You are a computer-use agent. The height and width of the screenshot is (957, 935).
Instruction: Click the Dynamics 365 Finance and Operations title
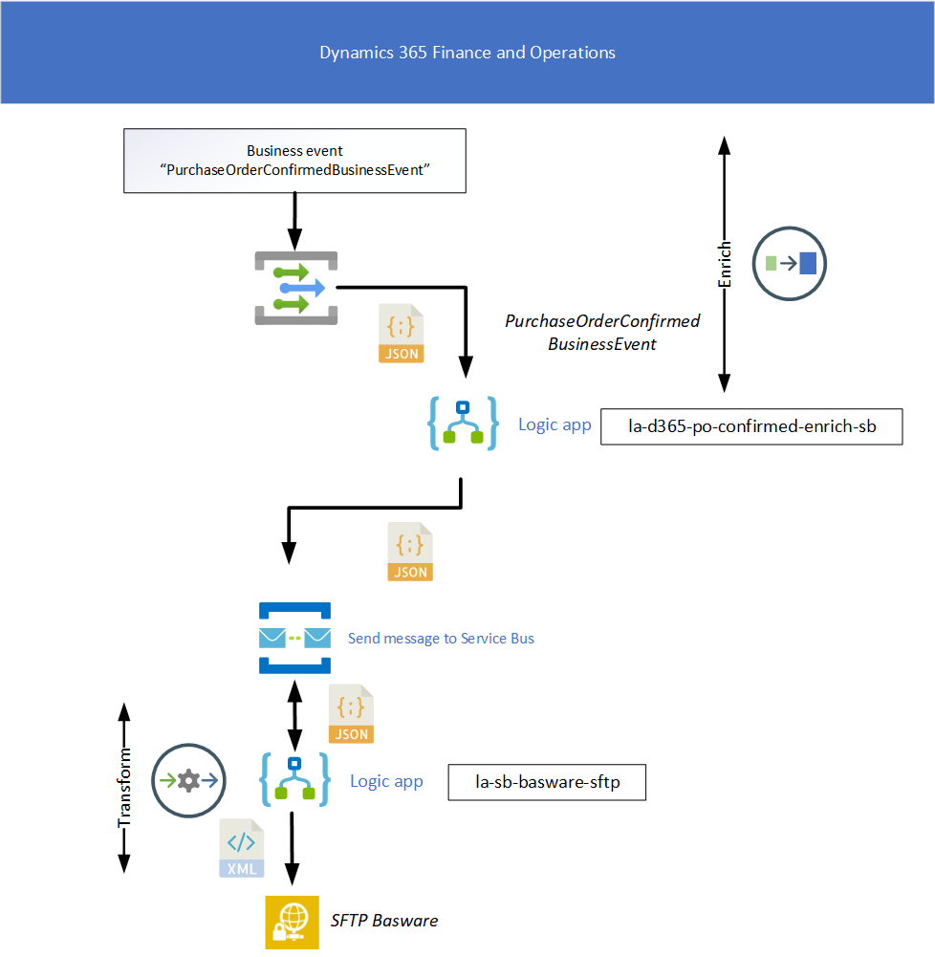tap(467, 53)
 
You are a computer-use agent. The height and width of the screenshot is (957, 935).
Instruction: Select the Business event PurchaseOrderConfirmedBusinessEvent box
tap(294, 161)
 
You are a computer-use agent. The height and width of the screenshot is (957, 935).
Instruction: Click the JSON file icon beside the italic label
tap(402, 334)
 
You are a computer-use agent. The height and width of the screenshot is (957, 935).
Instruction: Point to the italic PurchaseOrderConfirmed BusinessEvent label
tap(602, 332)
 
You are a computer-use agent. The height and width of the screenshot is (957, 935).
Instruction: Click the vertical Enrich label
tap(725, 264)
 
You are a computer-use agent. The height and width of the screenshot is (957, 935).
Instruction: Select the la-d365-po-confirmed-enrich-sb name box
tap(751, 426)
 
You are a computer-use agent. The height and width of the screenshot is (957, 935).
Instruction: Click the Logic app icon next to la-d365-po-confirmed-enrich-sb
tap(463, 424)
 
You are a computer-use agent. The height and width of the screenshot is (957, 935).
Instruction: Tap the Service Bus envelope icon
tap(294, 638)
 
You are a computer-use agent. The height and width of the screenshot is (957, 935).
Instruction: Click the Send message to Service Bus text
tap(441, 638)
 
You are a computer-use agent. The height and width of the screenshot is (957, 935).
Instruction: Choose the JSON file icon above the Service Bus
tap(410, 552)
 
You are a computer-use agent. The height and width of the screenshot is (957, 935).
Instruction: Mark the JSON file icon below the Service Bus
tap(351, 714)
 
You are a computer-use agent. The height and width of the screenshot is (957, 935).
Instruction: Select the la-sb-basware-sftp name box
tap(548, 782)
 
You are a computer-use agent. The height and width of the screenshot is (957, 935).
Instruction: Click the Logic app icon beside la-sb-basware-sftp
tap(294, 780)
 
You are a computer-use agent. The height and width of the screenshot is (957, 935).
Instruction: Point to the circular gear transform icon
tap(188, 780)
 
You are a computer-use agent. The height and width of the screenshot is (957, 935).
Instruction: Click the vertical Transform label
tap(124, 789)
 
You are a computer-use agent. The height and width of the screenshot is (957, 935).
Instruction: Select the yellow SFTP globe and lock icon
tap(292, 922)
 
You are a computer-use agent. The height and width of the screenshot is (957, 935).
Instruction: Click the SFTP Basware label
tap(384, 921)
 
